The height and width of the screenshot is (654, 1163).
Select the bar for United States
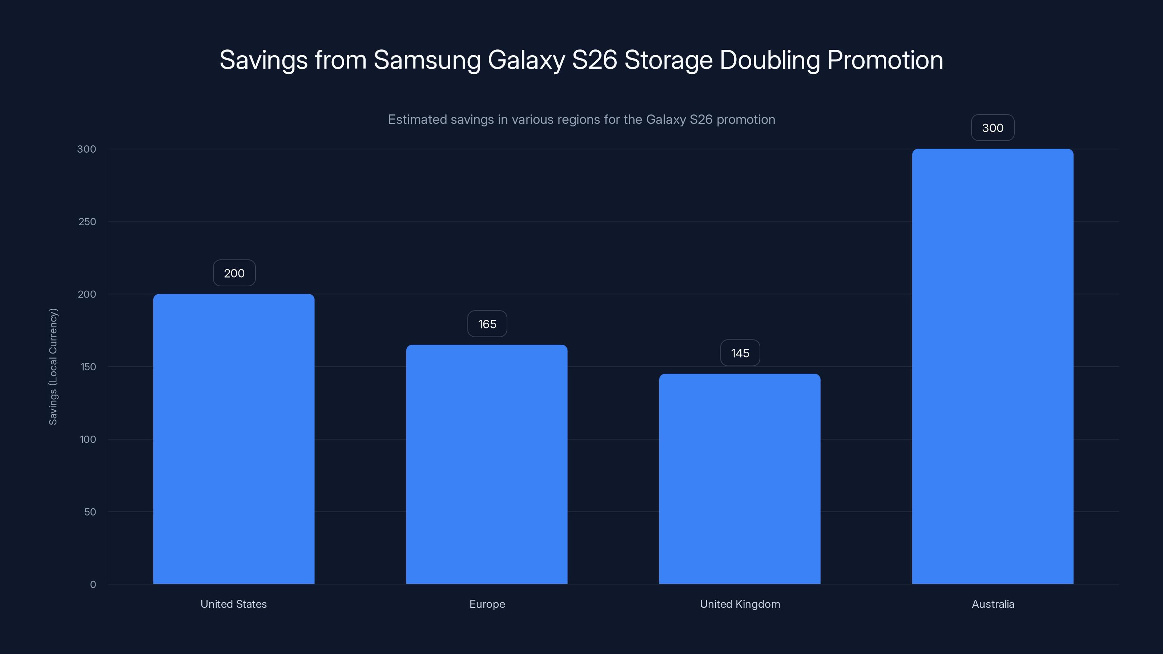[x=234, y=439]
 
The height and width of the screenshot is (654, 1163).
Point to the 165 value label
[x=487, y=324]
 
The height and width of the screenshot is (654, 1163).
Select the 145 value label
[x=740, y=353]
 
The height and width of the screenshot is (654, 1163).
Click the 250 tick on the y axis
[x=87, y=222]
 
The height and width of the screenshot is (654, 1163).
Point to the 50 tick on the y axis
[x=90, y=512]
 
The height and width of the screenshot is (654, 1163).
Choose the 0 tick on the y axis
[x=93, y=585]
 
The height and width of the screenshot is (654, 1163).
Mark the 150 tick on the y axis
[x=88, y=367]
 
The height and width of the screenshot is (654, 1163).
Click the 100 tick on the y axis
[x=88, y=440]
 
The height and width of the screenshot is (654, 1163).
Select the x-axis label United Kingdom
[x=740, y=604]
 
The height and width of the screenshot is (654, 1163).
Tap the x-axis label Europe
[x=487, y=604]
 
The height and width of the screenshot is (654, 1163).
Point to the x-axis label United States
[x=234, y=604]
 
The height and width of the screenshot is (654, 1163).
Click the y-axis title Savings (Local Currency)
[x=53, y=367]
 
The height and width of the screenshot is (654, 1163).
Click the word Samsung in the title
[x=427, y=60]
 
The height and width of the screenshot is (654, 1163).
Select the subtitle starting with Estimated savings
[x=581, y=120]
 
